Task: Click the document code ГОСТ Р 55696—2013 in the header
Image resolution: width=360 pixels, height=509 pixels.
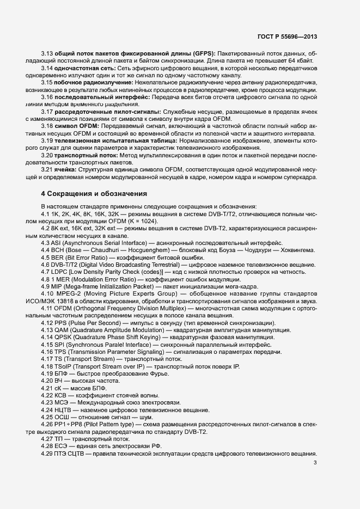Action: pyautogui.click(x=286, y=37)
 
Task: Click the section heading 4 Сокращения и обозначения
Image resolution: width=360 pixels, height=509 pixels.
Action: pyautogui.click(x=94, y=193)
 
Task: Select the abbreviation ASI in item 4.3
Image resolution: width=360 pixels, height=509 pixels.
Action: pyautogui.click(x=57, y=242)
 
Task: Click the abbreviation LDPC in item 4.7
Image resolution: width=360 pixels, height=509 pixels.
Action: pyautogui.click(x=60, y=271)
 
